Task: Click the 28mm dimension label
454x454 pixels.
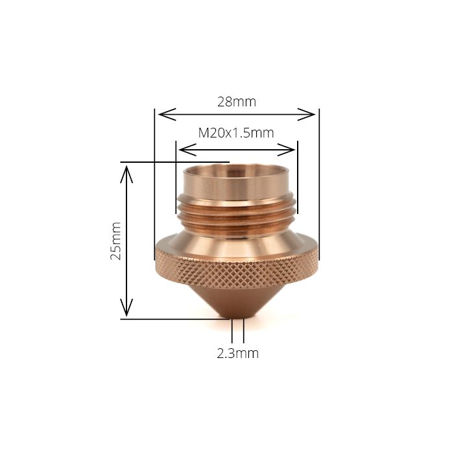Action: pyautogui.click(x=237, y=102)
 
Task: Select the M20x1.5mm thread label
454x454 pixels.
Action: pyautogui.click(x=236, y=133)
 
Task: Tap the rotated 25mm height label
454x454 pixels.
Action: pyautogui.click(x=116, y=241)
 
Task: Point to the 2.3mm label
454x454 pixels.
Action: pyautogui.click(x=237, y=353)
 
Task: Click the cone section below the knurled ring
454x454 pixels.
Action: pyautogui.click(x=237, y=298)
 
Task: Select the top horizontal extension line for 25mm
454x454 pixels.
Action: pyautogui.click(x=175, y=162)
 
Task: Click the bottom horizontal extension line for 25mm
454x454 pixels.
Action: pyautogui.click(x=175, y=318)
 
